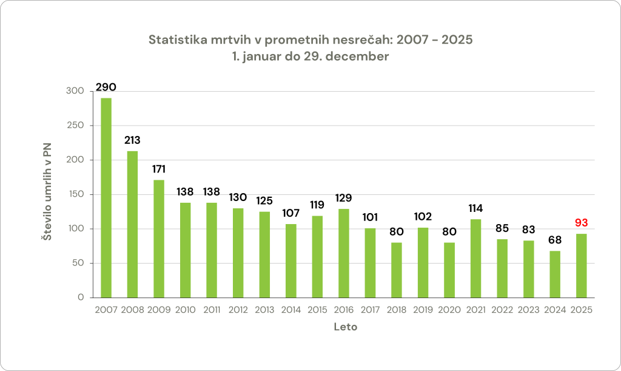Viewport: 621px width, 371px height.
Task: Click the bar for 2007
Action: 106,198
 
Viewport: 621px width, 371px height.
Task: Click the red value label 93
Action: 582,223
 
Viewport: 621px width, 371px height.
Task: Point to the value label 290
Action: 106,87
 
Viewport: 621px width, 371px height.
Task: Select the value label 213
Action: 132,140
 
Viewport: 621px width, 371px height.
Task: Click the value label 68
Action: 555,240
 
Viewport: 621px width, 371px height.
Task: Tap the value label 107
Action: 291,213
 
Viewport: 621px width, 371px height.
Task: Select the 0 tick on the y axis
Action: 81,298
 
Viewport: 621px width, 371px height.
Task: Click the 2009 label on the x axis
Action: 159,310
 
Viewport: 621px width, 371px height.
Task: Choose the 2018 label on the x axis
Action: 397,310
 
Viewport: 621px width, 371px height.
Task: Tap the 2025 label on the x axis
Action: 582,310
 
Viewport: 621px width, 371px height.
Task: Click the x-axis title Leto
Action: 346,327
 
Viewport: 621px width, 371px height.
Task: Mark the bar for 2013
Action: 264,254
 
